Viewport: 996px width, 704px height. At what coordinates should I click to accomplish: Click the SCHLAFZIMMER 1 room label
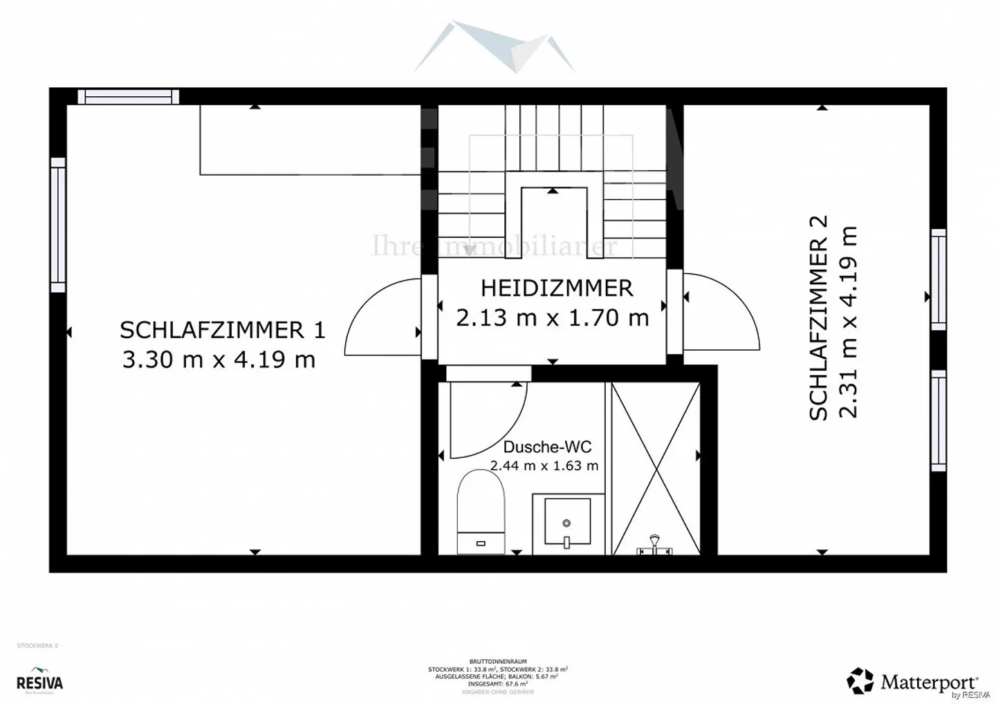[222, 330]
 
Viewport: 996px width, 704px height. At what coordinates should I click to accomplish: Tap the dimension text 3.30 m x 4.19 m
[219, 360]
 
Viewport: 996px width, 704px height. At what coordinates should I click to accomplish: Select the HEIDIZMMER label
[556, 288]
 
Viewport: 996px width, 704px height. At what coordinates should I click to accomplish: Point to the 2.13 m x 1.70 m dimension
[552, 317]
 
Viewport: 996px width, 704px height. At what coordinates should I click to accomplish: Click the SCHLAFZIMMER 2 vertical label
[818, 317]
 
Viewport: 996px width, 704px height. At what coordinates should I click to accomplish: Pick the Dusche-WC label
[547, 447]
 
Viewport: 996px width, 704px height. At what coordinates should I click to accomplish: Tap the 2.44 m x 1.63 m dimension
[544, 465]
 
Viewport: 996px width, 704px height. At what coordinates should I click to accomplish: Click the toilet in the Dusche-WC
[481, 512]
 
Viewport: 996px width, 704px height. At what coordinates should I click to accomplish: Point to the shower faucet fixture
[654, 546]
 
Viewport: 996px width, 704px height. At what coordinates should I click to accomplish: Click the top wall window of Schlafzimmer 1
[128, 97]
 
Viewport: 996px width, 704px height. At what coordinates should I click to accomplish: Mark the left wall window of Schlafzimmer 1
[58, 225]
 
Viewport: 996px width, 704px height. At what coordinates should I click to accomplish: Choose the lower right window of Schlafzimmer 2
[938, 420]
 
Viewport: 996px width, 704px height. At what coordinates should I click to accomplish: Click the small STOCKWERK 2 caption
[37, 645]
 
